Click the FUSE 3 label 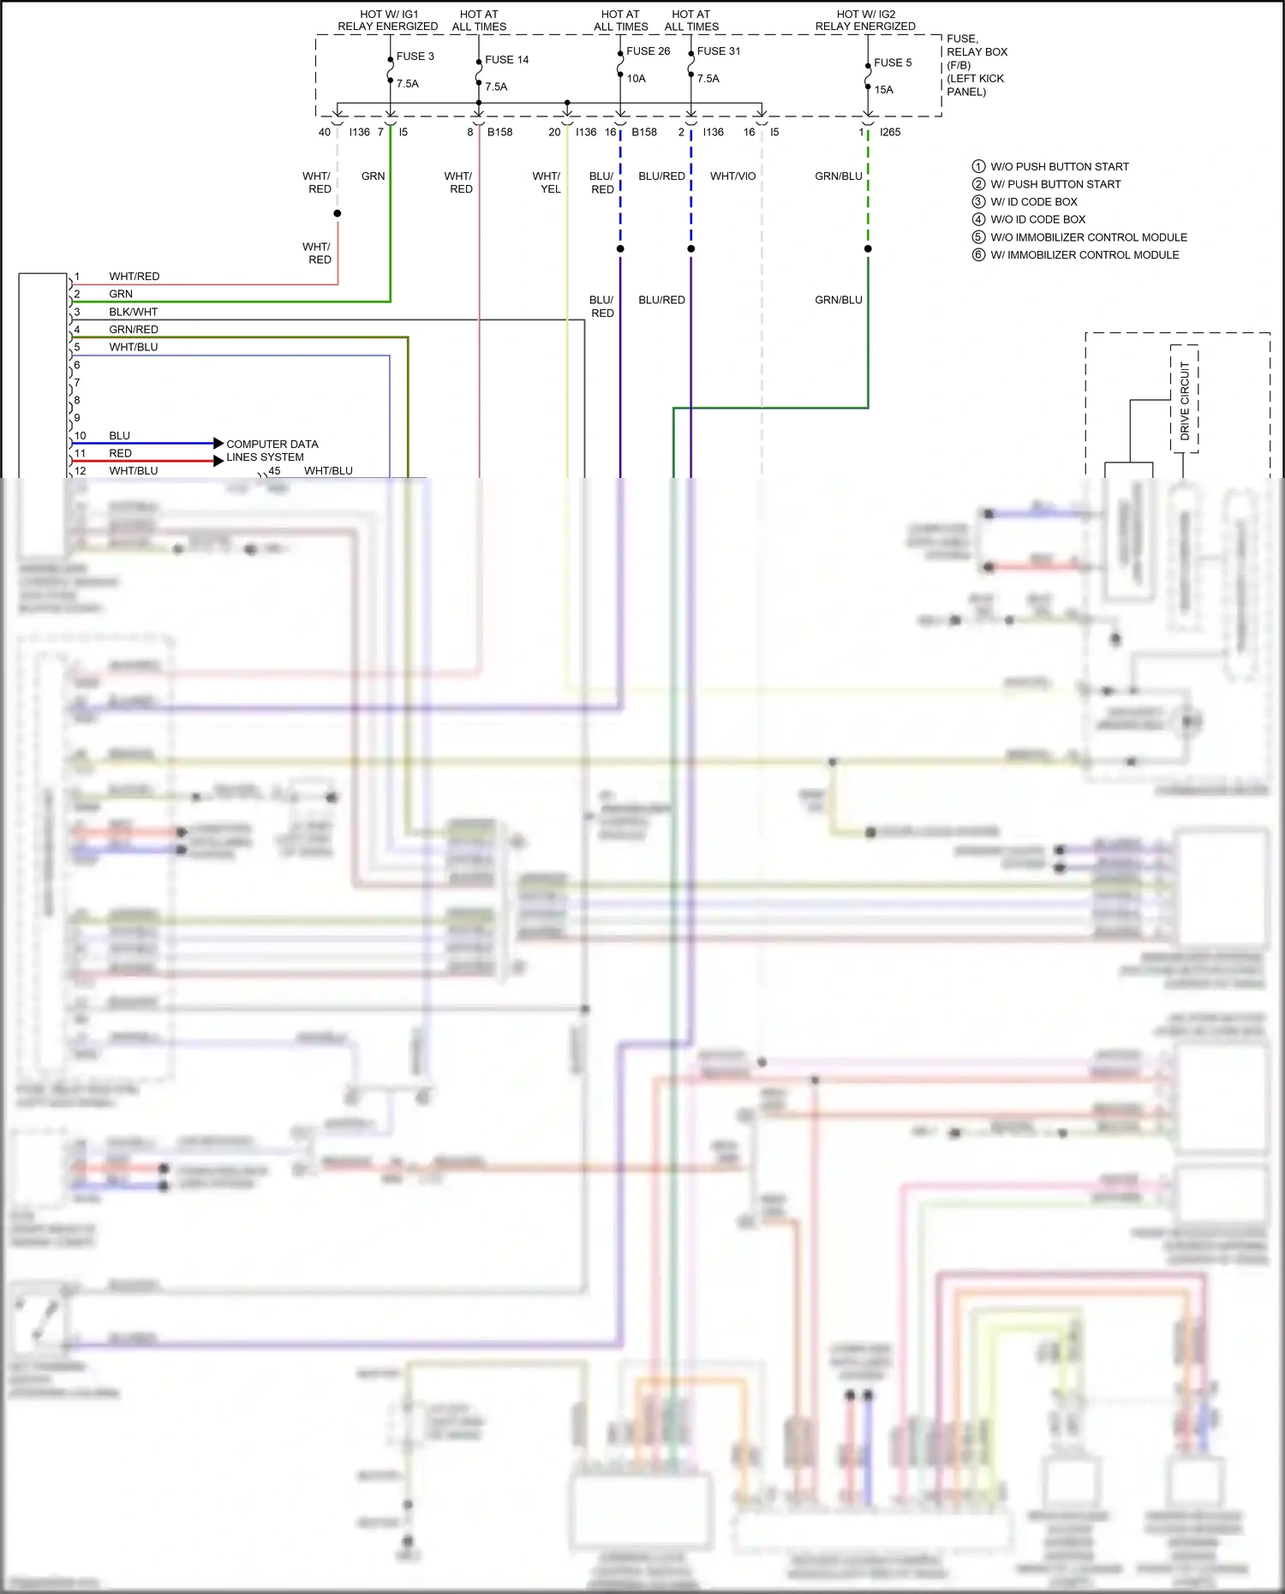pos(415,57)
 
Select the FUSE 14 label pos(506,60)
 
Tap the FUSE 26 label pos(648,51)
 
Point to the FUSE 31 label pos(719,51)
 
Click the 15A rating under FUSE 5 pos(883,90)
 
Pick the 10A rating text pos(636,79)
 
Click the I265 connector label pos(890,132)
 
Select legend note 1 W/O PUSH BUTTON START pos(1059,167)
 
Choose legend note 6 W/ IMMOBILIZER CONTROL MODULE pos(1084,255)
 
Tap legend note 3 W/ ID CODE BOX pos(1033,202)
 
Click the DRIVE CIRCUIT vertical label pos(1185,400)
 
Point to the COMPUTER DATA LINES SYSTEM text pos(271,451)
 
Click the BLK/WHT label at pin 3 pos(133,312)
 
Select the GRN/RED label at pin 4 pos(133,330)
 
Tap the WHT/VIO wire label pos(732,176)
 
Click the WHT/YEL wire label pos(547,182)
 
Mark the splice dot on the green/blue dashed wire pos(868,248)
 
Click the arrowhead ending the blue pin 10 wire pos(218,444)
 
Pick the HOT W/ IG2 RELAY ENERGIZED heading pos(865,21)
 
